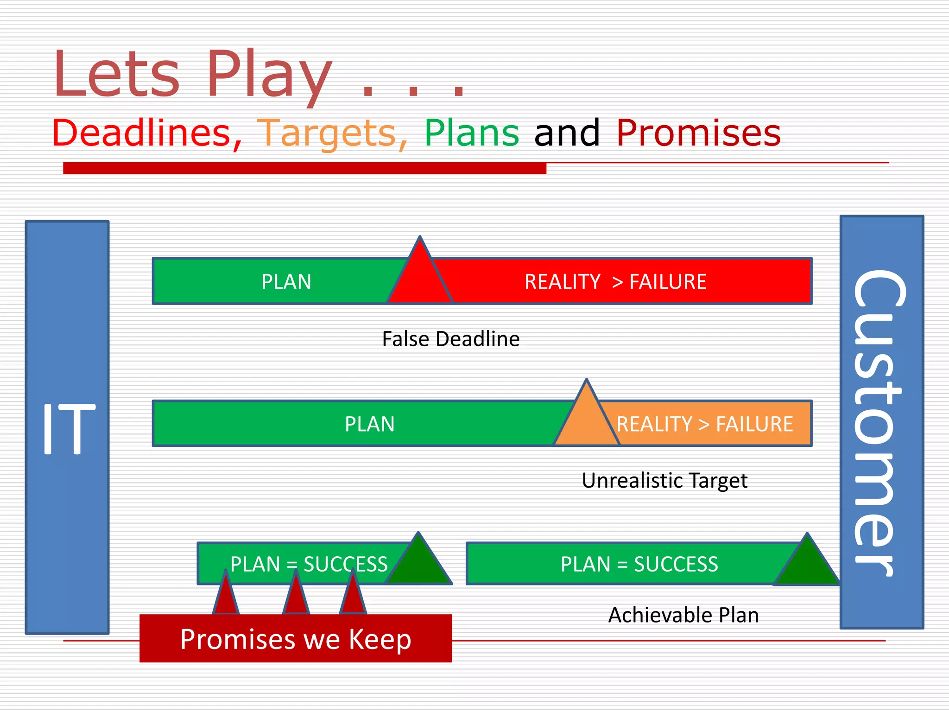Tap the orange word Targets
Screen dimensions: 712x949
coord(332,133)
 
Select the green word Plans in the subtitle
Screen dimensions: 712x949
coord(472,133)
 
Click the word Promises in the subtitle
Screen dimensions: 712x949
coord(698,133)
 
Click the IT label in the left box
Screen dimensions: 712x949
coord(68,428)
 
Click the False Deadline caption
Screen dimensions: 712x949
coord(450,339)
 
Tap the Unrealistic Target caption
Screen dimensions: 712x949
coord(664,481)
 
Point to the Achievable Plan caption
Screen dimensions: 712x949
coord(683,616)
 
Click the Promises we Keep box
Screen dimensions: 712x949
coord(296,639)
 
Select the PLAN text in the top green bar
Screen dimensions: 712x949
coord(286,282)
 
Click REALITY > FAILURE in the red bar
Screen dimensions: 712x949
coord(615,282)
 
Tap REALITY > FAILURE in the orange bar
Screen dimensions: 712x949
coord(704,424)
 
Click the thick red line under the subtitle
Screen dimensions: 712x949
coord(304,168)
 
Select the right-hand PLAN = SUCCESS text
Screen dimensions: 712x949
coord(639,564)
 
